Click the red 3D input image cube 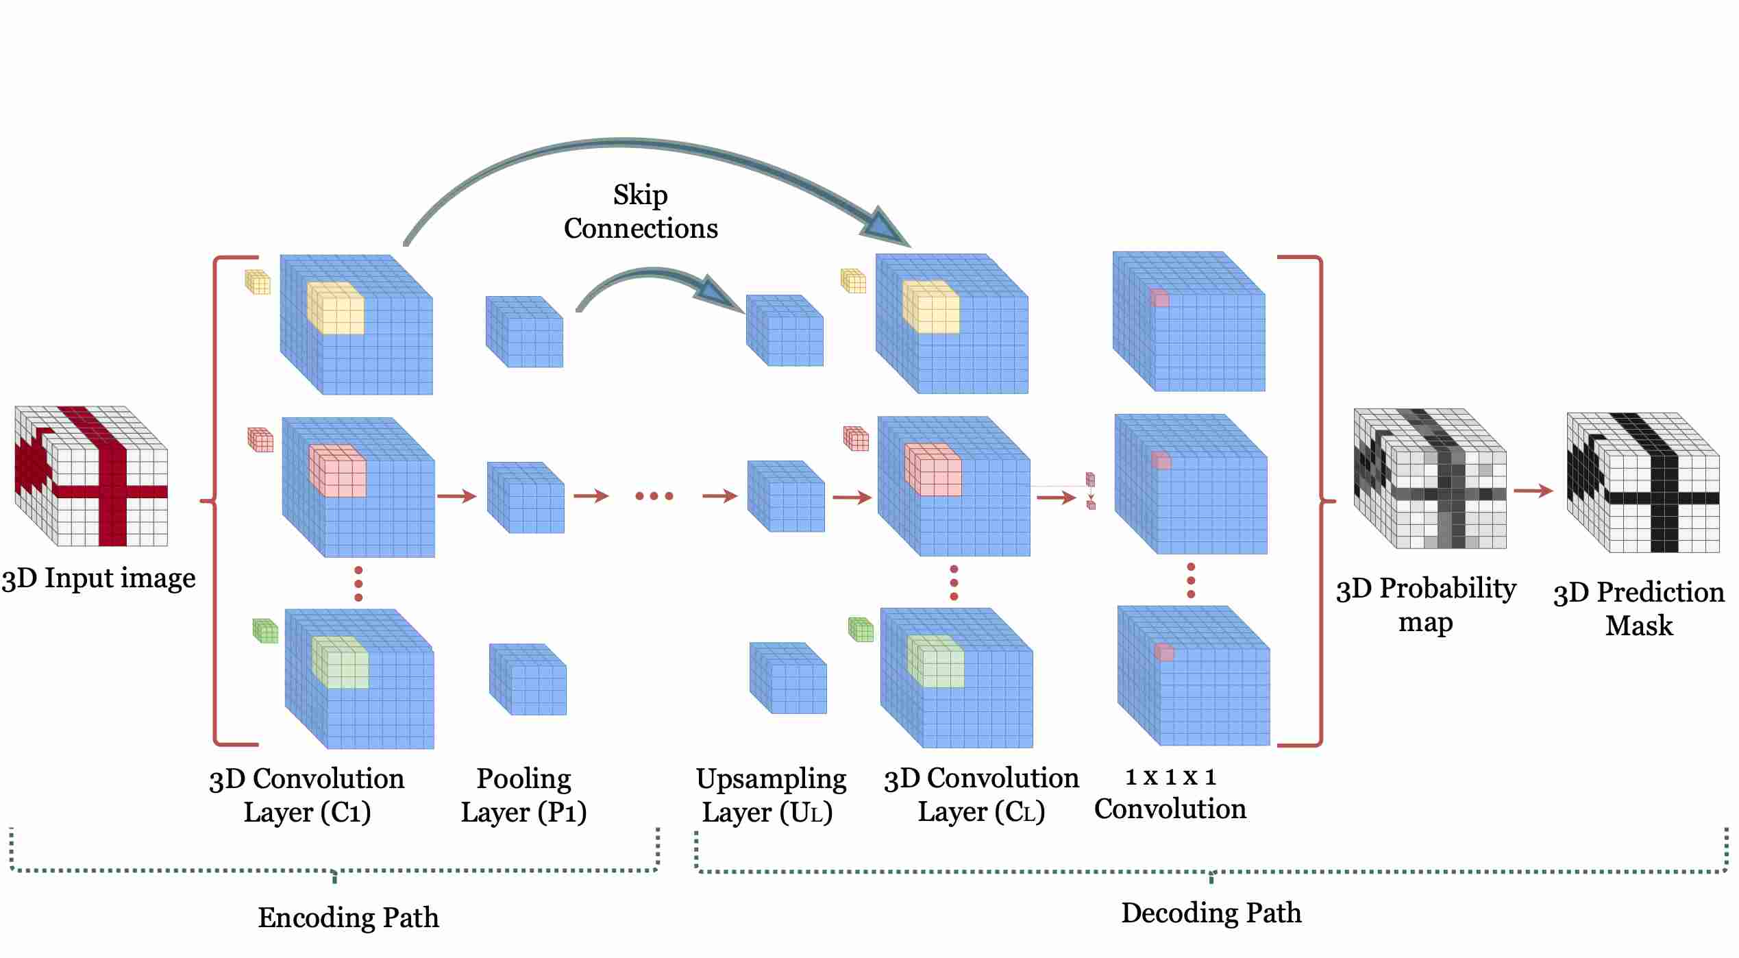91,476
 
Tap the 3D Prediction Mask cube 1642,482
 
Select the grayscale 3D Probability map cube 1429,478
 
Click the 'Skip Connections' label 640,212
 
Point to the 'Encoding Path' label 348,918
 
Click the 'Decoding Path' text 1211,913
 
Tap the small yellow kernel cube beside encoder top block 258,282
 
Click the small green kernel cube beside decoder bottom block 861,629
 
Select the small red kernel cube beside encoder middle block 260,440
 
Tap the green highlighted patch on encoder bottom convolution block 340,662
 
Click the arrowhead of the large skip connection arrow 885,228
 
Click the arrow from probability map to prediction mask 1533,491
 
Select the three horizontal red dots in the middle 654,495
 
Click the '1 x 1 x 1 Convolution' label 1170,794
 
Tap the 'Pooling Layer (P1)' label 523,795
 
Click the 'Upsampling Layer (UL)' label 770,795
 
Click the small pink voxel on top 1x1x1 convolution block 1159,297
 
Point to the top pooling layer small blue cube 524,332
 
